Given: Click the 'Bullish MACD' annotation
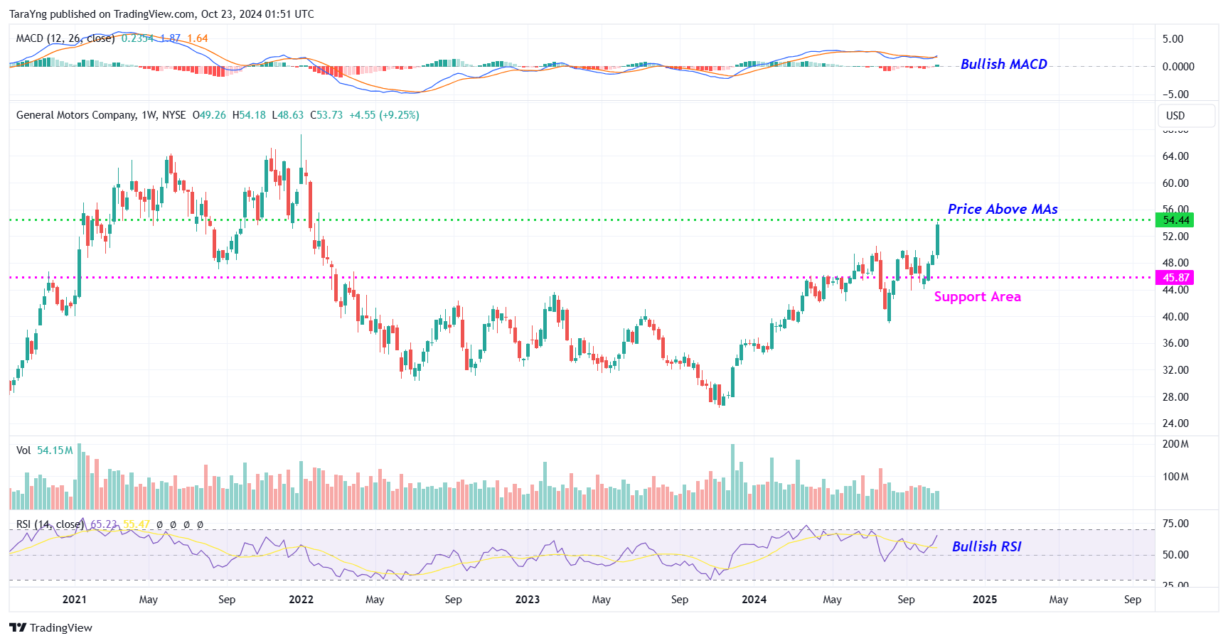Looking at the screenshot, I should (1003, 64).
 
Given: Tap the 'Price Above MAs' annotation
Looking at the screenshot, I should (1002, 209).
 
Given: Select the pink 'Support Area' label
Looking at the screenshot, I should (977, 297).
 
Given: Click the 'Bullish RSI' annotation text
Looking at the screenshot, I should (986, 546).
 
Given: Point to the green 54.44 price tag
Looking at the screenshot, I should (1175, 220).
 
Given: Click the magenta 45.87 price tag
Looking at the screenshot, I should (1175, 278).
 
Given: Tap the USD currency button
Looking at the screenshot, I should (1175, 116).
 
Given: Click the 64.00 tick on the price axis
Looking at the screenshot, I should (1175, 156).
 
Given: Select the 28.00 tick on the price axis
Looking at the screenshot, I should (1175, 397).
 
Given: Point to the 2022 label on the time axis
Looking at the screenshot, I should (301, 600).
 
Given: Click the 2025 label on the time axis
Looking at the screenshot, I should (984, 600).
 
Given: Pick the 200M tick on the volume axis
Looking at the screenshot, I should (1175, 444).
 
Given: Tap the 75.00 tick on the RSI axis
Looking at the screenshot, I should (1175, 524).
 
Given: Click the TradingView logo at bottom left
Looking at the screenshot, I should (50, 628).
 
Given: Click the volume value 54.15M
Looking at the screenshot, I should (55, 450).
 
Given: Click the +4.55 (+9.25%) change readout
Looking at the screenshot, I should (384, 115).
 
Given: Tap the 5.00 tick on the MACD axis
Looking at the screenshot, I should (1173, 39).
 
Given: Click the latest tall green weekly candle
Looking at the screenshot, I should (938, 240).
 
